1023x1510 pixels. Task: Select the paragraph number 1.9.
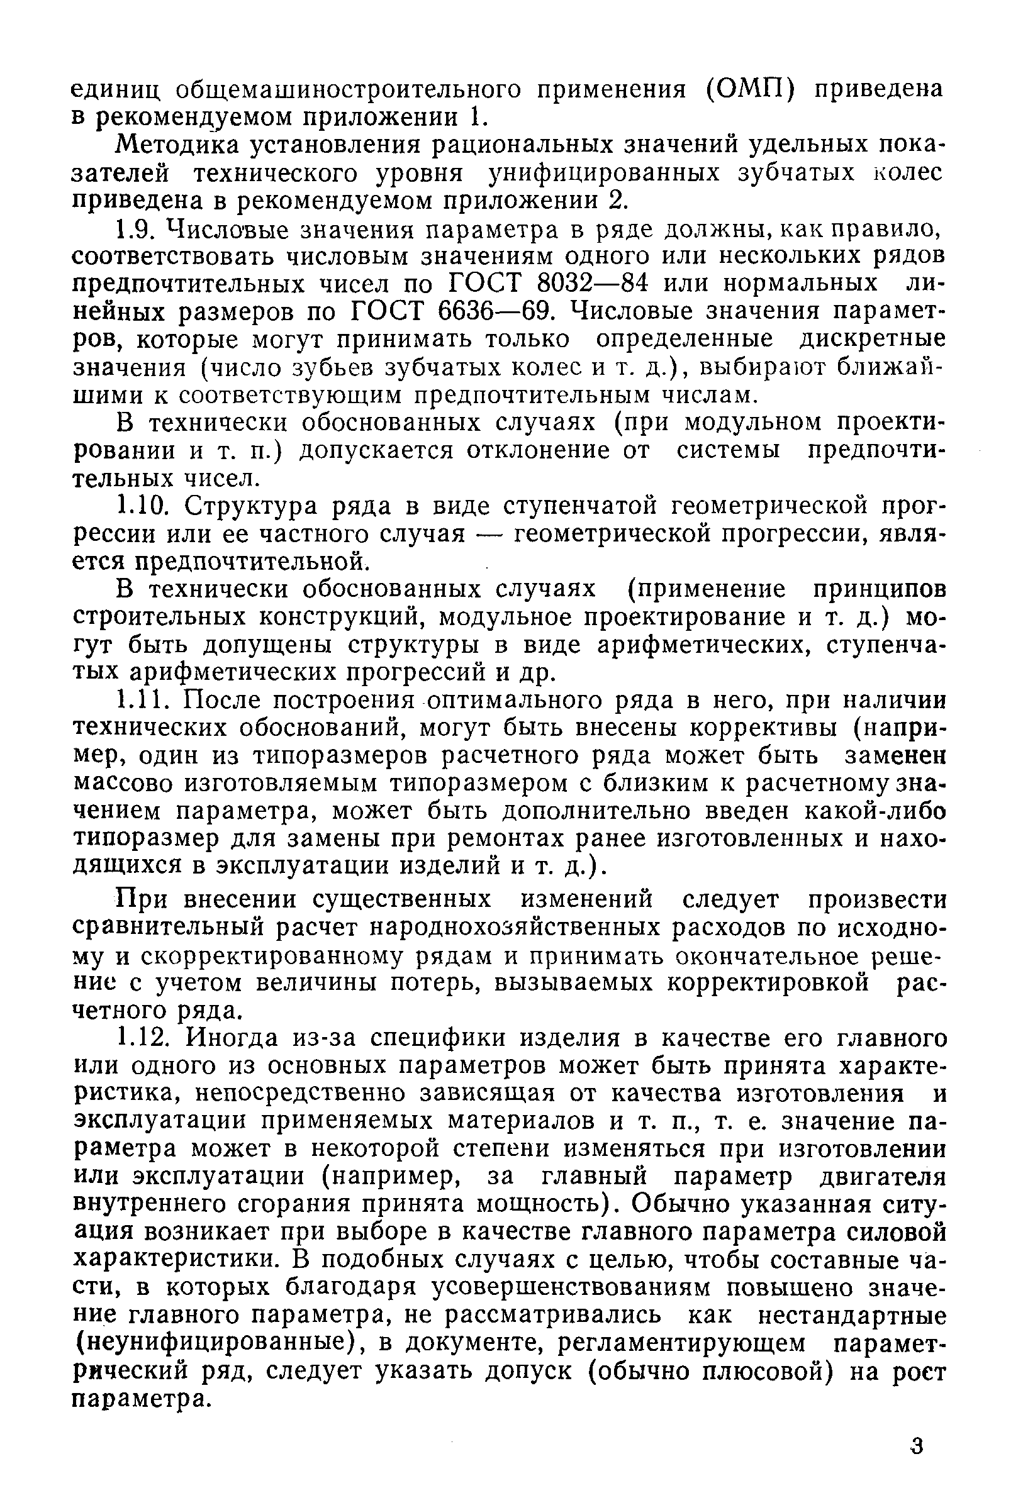pos(138,229)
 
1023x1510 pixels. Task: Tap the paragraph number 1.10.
pos(145,506)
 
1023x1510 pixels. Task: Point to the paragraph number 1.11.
pos(145,700)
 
